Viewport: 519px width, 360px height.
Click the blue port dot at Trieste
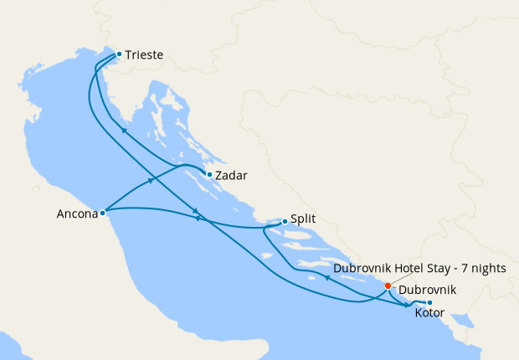119,54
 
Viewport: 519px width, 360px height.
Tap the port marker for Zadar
208,175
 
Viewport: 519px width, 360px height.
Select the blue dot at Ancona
102,213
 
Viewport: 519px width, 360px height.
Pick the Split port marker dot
285,221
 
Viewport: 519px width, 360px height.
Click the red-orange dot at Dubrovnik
387,286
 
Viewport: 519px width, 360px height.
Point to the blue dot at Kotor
429,303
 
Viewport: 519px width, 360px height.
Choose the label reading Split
304,222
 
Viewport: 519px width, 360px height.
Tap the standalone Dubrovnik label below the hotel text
428,290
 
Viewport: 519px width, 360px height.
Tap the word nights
499,269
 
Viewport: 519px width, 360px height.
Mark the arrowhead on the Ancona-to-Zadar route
152,179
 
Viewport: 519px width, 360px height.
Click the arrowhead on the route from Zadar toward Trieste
124,131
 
